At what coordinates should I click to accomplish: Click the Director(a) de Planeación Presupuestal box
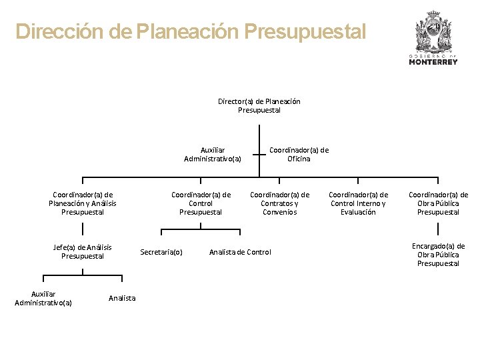pyautogui.click(x=259, y=105)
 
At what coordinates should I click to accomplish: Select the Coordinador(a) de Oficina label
pyautogui.click(x=299, y=154)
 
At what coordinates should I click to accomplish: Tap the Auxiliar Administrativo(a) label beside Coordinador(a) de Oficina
pyautogui.click(x=212, y=154)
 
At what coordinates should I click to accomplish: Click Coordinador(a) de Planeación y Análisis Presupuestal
pyautogui.click(x=83, y=203)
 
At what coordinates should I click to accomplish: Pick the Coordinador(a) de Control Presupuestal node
pyautogui.click(x=201, y=203)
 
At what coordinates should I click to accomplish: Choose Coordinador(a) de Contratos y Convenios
pyautogui.click(x=279, y=203)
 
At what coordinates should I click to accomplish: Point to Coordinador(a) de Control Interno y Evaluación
pyautogui.click(x=358, y=203)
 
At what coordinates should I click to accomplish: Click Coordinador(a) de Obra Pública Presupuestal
pyautogui.click(x=438, y=203)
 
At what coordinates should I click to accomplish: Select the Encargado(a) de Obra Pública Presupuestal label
pyautogui.click(x=438, y=255)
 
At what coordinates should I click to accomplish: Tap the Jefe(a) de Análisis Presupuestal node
pyautogui.click(x=83, y=251)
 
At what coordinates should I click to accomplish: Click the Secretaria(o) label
pyautogui.click(x=161, y=252)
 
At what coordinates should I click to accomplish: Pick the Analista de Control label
pyautogui.click(x=240, y=252)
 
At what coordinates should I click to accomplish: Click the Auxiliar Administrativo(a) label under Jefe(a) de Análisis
pyautogui.click(x=43, y=298)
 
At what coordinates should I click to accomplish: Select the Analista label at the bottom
pyautogui.click(x=122, y=298)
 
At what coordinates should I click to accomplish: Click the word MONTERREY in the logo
pyautogui.click(x=433, y=62)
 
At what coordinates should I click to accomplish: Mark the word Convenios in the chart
pyautogui.click(x=279, y=212)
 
